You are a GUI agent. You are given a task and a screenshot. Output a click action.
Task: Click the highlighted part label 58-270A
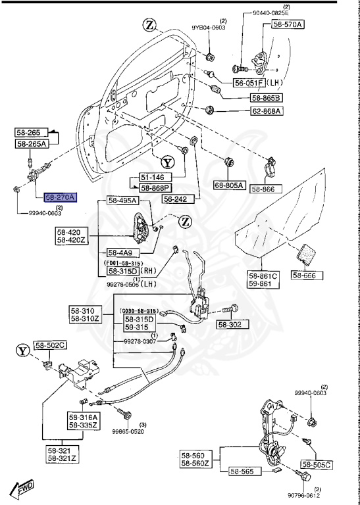[x=60, y=197]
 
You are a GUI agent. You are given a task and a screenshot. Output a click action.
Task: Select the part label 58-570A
[x=286, y=24]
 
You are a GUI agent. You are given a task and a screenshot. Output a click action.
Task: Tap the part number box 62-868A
[x=267, y=111]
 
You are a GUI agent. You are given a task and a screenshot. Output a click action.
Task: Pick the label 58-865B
[x=266, y=97]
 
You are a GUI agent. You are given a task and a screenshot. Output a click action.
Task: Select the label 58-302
[x=230, y=324]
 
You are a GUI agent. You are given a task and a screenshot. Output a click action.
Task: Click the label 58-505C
[x=317, y=464]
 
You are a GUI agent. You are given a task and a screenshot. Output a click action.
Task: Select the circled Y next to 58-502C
[x=24, y=350]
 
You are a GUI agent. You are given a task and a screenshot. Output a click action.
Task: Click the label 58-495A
[x=122, y=201]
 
